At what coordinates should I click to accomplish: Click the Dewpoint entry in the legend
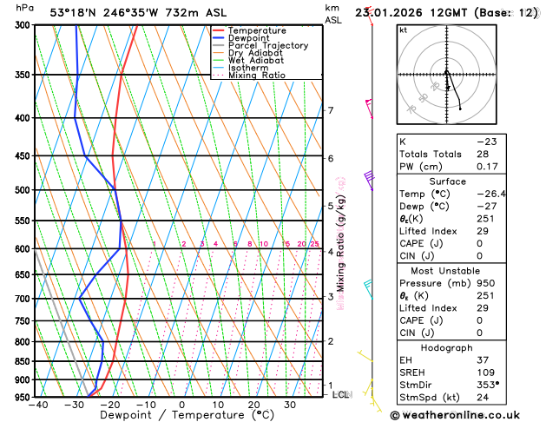point(249,38)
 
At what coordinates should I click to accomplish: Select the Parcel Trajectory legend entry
point(268,45)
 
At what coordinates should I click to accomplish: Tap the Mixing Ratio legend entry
point(257,76)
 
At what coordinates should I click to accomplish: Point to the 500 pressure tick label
point(22,190)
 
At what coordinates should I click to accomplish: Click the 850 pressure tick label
point(22,361)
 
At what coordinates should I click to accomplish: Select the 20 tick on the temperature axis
point(253,405)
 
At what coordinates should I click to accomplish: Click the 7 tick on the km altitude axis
point(331,110)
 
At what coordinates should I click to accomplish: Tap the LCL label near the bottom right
point(340,394)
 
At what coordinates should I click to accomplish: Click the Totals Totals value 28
point(482,154)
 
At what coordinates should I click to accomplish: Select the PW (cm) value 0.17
point(485,167)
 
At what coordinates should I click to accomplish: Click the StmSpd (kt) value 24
point(482,399)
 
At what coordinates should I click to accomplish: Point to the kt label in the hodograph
point(403,30)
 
